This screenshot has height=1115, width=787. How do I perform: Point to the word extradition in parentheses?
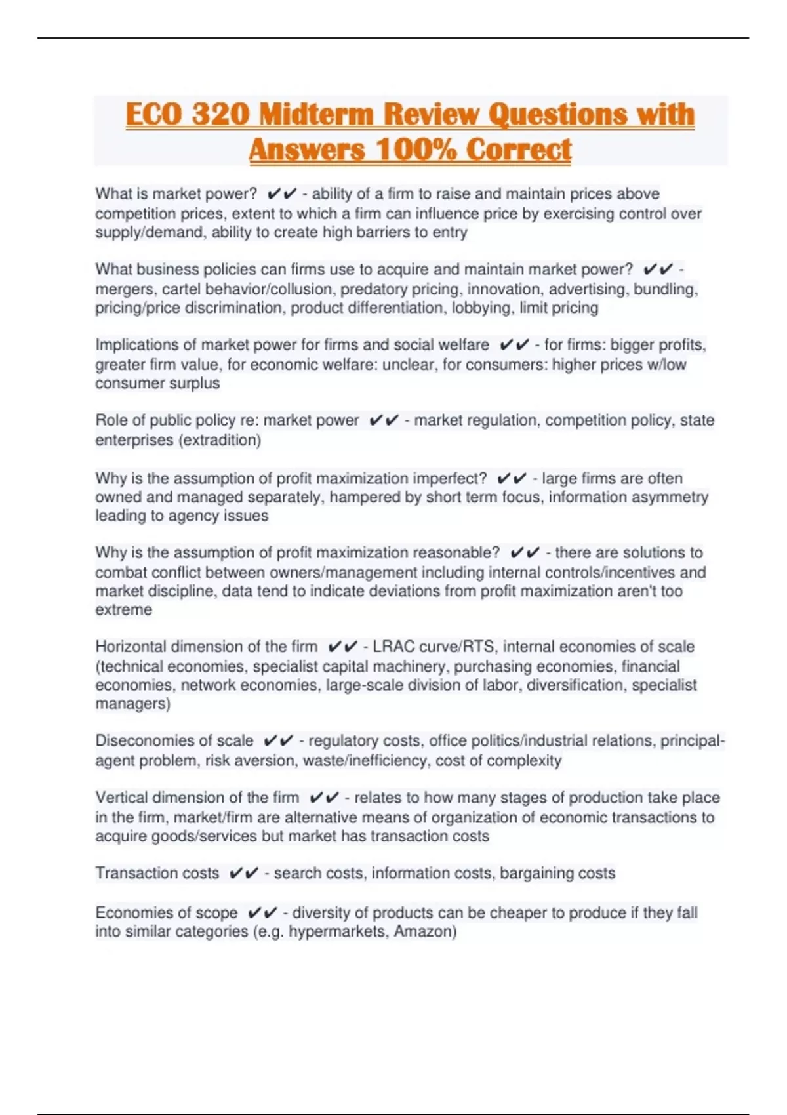(220, 440)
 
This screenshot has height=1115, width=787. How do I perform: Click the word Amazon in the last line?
(422, 931)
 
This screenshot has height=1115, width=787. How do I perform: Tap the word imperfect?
(451, 478)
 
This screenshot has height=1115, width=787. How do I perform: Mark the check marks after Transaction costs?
(243, 873)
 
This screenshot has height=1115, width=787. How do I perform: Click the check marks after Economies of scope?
(262, 912)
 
